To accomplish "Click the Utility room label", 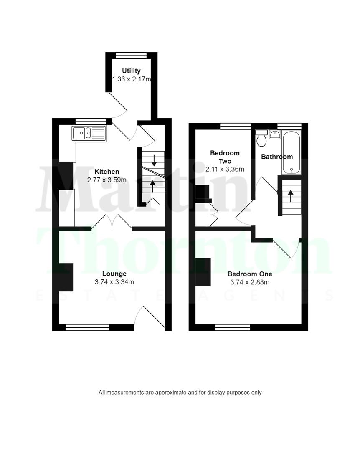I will coord(131,71).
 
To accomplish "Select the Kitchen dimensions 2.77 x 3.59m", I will coord(106,180).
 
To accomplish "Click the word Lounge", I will coord(114,274).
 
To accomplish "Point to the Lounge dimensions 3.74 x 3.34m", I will coord(114,282).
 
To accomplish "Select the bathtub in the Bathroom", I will coord(291,153).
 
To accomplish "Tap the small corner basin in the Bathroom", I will coord(275,134).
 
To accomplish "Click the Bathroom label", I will coord(277,157).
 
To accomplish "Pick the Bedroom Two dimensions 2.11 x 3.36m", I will coord(225,169).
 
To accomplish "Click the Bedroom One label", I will coord(250,274).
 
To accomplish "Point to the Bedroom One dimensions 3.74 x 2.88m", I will coord(250,282).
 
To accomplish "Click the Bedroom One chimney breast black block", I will coord(203,272).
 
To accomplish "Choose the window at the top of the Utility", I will coord(131,54).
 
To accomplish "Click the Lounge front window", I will coord(87,328).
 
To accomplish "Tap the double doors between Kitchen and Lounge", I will coord(112,221).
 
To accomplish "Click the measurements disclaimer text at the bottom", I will coord(180,393).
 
